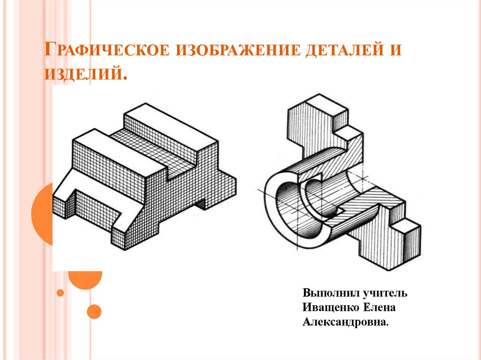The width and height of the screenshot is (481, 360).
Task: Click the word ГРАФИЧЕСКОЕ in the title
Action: [106, 49]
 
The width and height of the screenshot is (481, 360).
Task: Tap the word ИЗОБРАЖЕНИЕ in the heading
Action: [238, 50]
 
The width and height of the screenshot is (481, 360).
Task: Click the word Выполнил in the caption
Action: [331, 293]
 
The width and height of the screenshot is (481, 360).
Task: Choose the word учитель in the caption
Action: [385, 293]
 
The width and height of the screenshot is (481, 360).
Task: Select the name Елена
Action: [380, 307]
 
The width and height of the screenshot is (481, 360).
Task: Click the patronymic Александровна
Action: [345, 322]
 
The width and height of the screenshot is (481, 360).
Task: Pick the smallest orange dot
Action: [61, 293]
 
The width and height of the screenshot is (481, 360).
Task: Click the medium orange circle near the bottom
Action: [94, 312]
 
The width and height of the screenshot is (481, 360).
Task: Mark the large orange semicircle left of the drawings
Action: [42, 214]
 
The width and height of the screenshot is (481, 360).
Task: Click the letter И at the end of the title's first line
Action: [396, 50]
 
